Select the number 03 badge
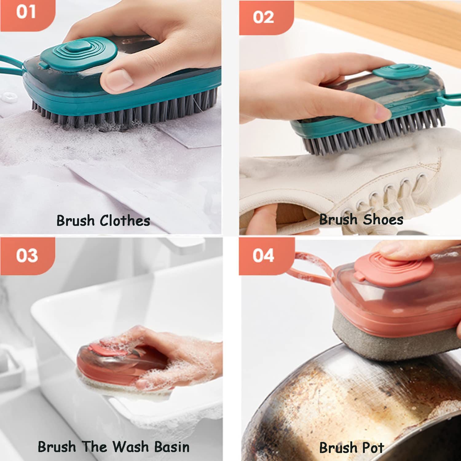pyautogui.click(x=27, y=256)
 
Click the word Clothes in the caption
pyautogui.click(x=125, y=221)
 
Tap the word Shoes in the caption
pyautogui.click(x=383, y=219)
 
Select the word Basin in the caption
pyautogui.click(x=172, y=447)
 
